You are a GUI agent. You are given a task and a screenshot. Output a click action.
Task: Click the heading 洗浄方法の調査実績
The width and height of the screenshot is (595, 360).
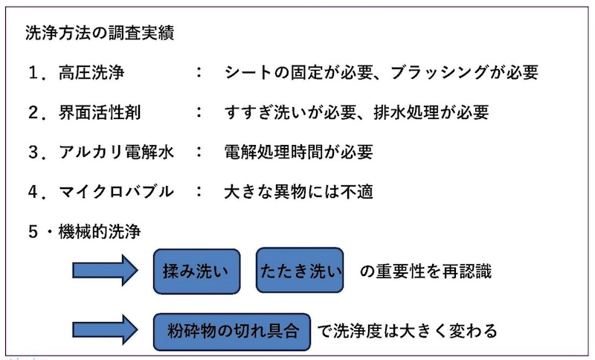(x=100, y=34)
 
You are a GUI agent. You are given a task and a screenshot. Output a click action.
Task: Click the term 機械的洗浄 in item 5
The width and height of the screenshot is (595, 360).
(x=97, y=231)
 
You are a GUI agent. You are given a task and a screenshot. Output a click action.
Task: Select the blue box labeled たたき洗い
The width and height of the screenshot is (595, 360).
(x=300, y=271)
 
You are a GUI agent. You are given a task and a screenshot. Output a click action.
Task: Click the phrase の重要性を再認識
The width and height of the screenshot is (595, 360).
(x=425, y=271)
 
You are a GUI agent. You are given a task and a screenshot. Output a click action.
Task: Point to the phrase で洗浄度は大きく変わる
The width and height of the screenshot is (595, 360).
(x=407, y=330)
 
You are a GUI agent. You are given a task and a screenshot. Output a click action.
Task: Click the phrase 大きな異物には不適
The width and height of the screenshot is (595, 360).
(x=298, y=191)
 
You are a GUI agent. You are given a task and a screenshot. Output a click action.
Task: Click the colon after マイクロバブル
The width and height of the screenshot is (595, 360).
(x=199, y=191)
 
